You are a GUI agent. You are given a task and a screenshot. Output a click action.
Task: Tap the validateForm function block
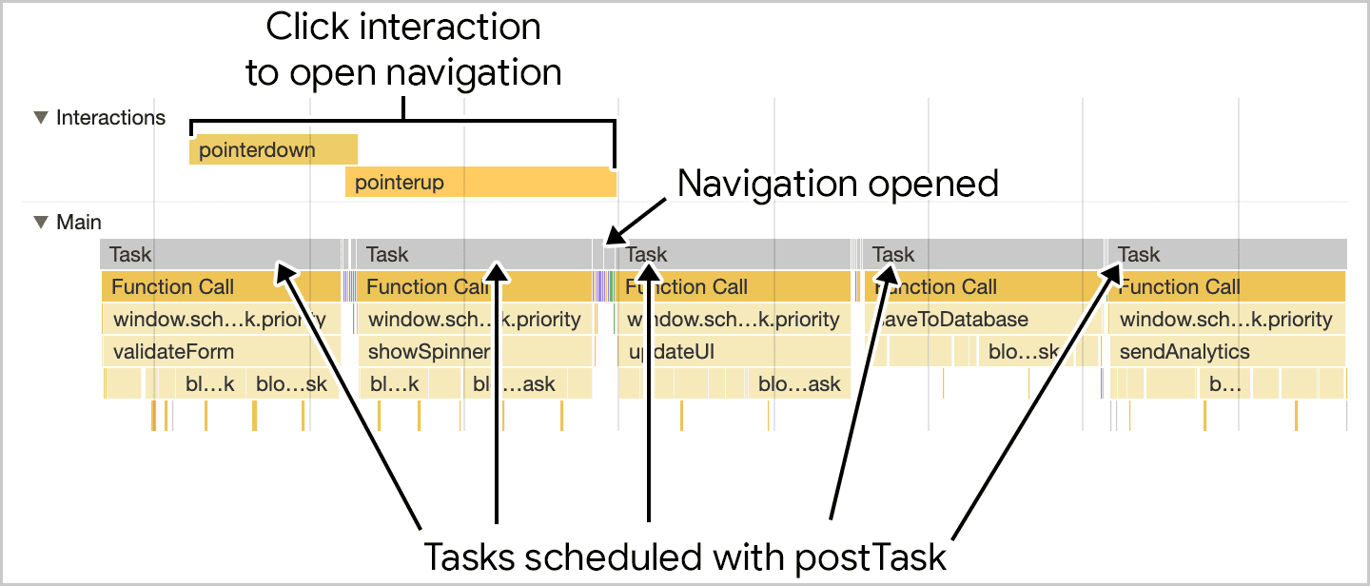click(173, 351)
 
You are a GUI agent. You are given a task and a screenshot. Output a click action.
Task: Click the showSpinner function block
click(428, 351)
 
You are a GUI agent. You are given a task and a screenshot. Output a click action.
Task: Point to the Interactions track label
click(110, 118)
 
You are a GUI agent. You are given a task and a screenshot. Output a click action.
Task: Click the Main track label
click(79, 223)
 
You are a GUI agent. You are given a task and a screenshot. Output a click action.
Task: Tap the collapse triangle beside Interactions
click(40, 118)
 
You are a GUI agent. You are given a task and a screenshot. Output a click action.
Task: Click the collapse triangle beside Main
click(40, 223)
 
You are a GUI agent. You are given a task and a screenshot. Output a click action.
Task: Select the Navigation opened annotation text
click(837, 184)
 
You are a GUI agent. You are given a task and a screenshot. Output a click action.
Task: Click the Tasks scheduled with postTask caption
click(684, 555)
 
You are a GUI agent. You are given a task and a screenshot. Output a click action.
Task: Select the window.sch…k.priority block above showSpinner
click(474, 320)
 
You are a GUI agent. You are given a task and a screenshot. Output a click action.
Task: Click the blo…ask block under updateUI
click(799, 384)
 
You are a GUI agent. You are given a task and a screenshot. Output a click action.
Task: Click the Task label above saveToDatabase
click(893, 254)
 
